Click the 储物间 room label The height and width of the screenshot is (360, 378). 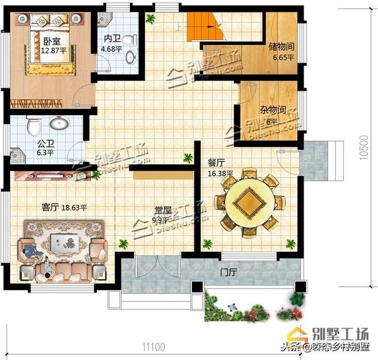tap(281, 46)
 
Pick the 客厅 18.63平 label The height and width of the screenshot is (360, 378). tap(64, 207)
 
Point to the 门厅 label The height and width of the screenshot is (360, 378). tap(228, 273)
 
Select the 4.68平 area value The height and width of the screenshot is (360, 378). tap(112, 49)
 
